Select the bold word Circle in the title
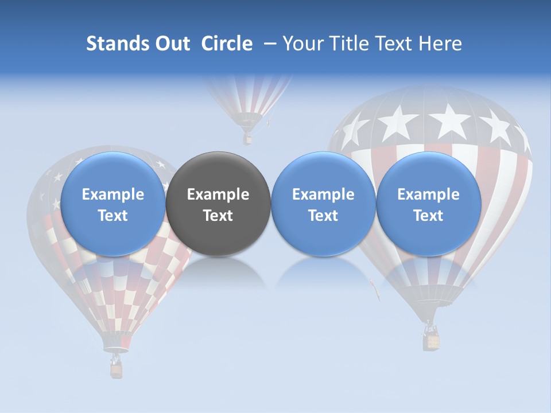(x=227, y=44)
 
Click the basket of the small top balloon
(x=247, y=139)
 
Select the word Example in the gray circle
(x=218, y=194)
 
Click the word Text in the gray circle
(x=218, y=216)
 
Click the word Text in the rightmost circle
(x=429, y=216)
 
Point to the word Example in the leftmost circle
(x=113, y=194)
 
